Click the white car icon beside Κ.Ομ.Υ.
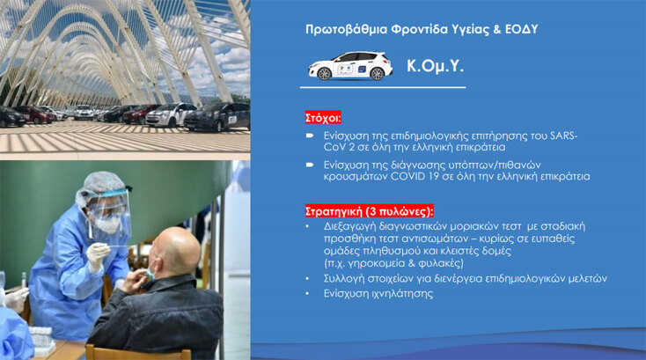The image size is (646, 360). click(349, 66)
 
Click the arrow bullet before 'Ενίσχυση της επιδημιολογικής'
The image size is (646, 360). click(310, 136)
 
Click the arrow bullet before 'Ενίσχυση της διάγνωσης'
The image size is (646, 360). click(310, 165)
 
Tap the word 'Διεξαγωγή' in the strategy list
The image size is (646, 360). click(346, 226)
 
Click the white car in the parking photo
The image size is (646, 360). click(171, 114)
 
